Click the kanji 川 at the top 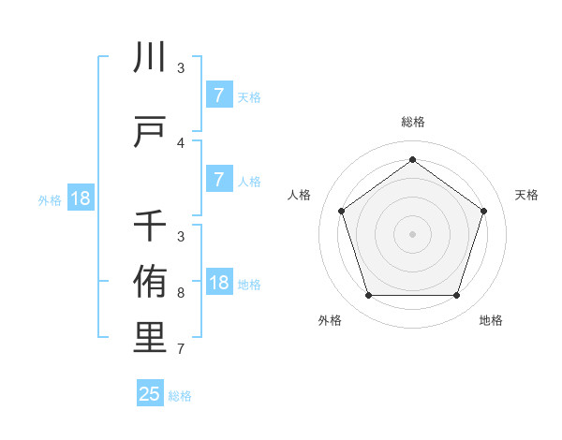(150, 58)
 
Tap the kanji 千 (150, 226)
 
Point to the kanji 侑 (150, 281)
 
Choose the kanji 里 (150, 338)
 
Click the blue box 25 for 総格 (150, 394)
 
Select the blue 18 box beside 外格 (80, 198)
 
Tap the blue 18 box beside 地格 (218, 284)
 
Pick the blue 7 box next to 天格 (218, 95)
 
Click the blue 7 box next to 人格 (218, 180)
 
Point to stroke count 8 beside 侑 (181, 293)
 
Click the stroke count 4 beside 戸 (181, 143)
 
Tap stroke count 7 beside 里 (181, 350)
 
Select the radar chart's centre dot (412, 234)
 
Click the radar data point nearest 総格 (412, 160)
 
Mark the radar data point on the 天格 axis (483, 211)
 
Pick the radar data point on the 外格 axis (368, 296)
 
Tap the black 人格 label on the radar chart (300, 195)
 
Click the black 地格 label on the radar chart (491, 321)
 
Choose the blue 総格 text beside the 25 (180, 396)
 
